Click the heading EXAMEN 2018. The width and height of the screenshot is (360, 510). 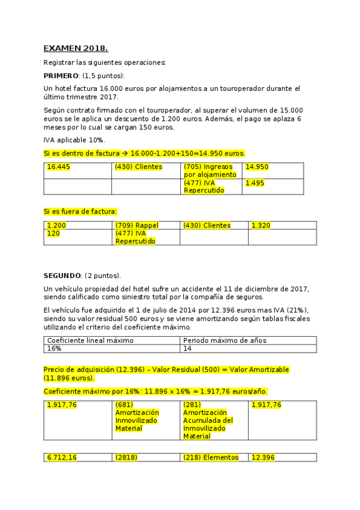(x=76, y=48)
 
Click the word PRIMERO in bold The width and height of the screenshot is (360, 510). (x=61, y=75)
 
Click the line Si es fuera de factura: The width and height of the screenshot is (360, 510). (x=81, y=211)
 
